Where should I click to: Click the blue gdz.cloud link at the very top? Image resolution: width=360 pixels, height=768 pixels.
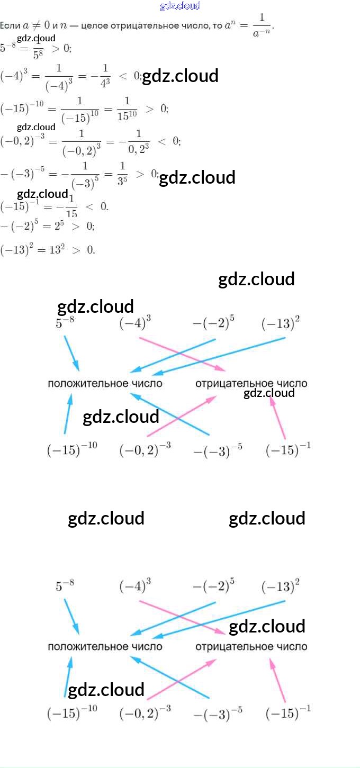point(180,6)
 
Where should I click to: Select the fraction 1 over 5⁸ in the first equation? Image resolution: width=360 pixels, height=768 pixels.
point(38,48)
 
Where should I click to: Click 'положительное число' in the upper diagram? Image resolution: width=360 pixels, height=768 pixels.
point(105,383)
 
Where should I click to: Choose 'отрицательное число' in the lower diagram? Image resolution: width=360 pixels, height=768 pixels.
point(251,646)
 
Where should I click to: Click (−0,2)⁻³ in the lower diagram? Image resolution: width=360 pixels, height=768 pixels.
point(145,713)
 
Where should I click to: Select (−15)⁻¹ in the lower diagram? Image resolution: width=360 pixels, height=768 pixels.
point(288,713)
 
